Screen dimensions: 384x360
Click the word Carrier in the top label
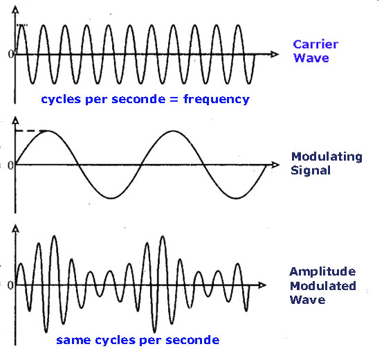[316, 44]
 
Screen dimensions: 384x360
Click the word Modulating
[327, 157]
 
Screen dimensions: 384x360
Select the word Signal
[311, 170]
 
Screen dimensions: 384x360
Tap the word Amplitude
[322, 271]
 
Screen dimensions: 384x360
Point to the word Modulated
[323, 286]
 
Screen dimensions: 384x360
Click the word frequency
[217, 99]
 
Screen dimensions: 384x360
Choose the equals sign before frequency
[174, 100]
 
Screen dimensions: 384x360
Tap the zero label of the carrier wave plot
[11, 54]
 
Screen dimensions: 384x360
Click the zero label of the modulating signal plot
[10, 165]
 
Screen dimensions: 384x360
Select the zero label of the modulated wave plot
[10, 285]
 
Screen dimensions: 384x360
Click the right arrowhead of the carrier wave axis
[275, 54]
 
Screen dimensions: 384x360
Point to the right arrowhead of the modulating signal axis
[275, 165]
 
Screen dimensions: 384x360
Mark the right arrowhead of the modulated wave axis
[262, 285]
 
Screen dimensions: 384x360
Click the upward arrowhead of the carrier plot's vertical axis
[15, 10]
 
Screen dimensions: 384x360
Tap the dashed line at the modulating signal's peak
[31, 131]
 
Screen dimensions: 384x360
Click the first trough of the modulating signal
[111, 198]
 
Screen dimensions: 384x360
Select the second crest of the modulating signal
[174, 131]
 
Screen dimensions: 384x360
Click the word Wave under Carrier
[311, 58]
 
